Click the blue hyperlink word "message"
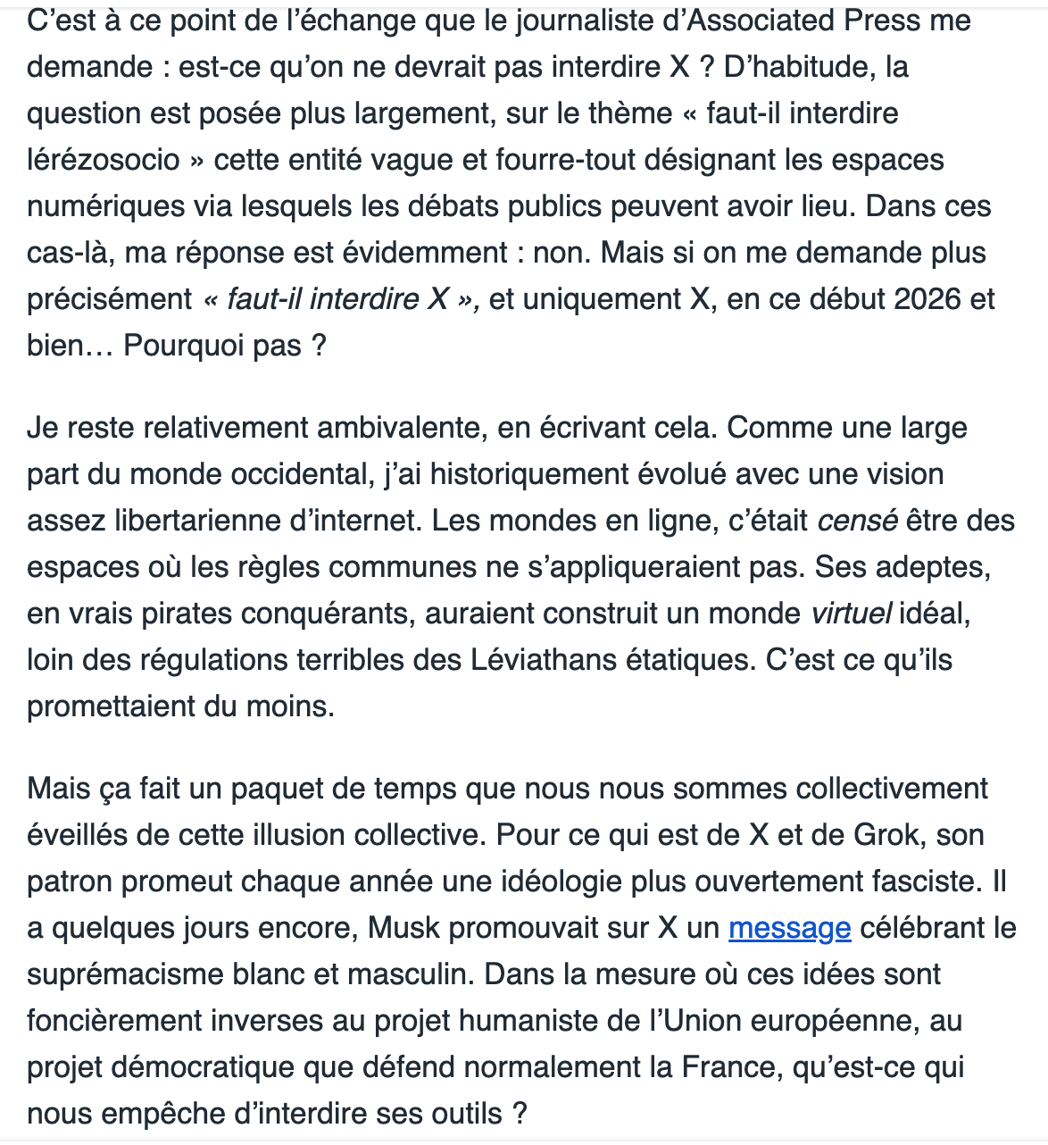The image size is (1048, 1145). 789,928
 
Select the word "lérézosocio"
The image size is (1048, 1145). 104,160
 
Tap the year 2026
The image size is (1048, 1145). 929,299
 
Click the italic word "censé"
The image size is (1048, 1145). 857,521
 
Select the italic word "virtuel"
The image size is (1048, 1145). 851,614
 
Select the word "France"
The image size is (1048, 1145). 727,1067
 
